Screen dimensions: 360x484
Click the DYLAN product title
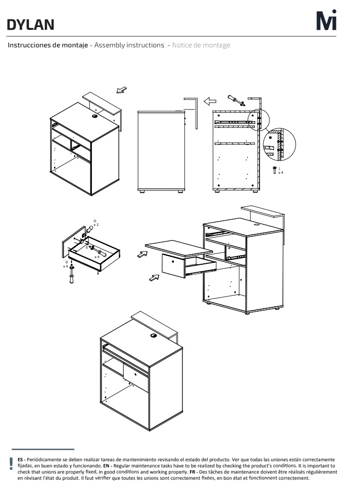(x=30, y=25)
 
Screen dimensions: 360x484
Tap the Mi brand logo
(x=326, y=20)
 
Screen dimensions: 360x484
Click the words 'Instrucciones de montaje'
(x=48, y=45)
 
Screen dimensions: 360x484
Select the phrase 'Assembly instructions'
(x=129, y=45)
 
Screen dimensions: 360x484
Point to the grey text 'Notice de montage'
(x=201, y=45)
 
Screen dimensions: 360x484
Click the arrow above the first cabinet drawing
(x=121, y=90)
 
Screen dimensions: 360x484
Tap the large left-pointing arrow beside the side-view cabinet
(x=210, y=101)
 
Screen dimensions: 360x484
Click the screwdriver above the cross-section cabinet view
(x=236, y=100)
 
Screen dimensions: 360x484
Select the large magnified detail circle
(x=279, y=144)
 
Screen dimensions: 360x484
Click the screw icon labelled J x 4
(x=274, y=170)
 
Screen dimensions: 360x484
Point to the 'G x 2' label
(x=96, y=223)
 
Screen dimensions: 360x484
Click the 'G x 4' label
(x=66, y=264)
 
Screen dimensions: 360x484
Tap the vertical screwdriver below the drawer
(x=72, y=274)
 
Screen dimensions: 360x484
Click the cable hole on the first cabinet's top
(x=94, y=117)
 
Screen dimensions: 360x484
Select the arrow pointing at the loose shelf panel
(x=142, y=254)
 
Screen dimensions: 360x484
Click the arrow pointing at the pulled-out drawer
(x=154, y=278)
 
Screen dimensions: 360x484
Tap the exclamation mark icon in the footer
(x=11, y=464)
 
